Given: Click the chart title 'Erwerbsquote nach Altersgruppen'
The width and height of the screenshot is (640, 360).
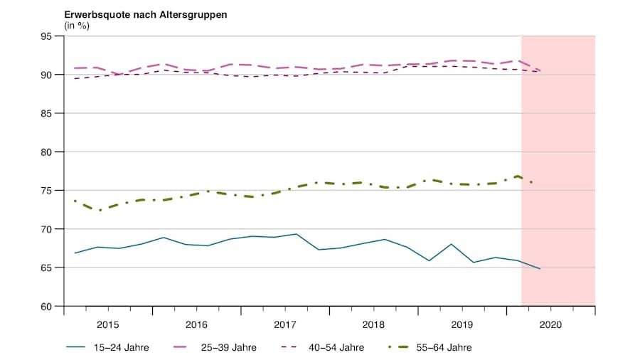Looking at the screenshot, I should click(146, 14).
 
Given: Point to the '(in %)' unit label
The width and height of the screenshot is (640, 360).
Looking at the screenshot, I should click(77, 26).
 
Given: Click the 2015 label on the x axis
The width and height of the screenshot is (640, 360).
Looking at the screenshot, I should click(108, 324).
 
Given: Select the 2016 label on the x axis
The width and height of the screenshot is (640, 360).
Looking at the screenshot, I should click(196, 324).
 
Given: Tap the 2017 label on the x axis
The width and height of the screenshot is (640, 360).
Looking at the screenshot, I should click(285, 324).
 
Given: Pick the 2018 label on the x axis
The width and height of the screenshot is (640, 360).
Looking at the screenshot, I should click(373, 324).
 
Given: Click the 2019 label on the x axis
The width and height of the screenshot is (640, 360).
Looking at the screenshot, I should click(462, 324).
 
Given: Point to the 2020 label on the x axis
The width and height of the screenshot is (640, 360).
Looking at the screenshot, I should click(550, 324).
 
